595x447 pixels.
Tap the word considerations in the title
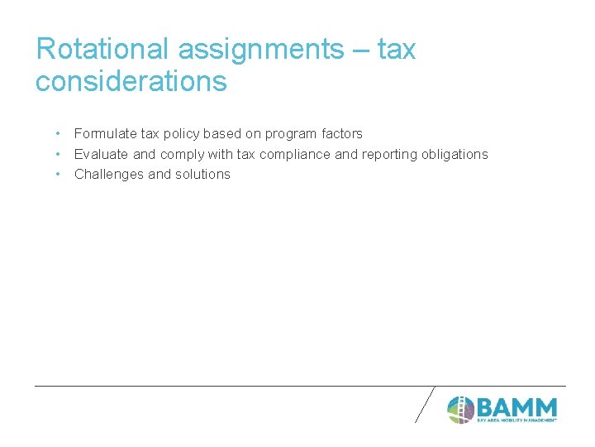click(x=131, y=81)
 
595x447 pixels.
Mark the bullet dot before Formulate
click(x=57, y=133)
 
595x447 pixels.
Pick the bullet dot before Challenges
click(x=57, y=174)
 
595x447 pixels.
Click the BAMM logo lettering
click(x=516, y=407)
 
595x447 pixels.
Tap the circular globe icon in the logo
click(x=460, y=409)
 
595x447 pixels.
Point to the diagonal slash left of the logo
click(x=425, y=404)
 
